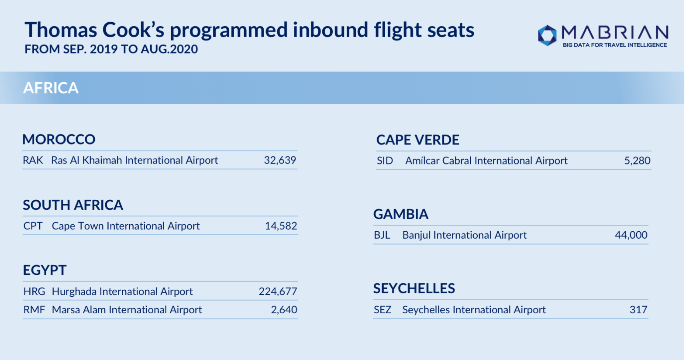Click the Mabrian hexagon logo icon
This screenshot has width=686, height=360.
point(547,35)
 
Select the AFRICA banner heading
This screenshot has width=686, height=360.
point(51,88)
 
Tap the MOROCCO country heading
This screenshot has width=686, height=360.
point(59,139)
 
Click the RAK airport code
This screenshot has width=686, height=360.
point(33,160)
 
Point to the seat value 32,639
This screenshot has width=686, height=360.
point(280,160)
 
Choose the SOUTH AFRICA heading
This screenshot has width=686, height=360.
point(73,205)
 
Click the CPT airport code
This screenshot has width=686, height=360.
point(33,226)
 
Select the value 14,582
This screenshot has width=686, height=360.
point(281,226)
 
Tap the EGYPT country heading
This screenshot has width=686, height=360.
point(45,270)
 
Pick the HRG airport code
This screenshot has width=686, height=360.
point(34,291)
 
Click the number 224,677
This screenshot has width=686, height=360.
point(278,291)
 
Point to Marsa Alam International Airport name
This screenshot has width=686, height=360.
point(127,310)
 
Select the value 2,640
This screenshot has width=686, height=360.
point(284,310)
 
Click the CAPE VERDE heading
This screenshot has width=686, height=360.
point(418,140)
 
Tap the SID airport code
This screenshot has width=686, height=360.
point(385,161)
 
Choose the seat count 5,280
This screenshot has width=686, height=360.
point(637,161)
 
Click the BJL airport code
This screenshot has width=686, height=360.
point(382,235)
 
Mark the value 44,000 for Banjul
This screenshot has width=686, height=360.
point(631,235)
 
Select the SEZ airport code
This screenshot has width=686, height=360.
point(383,310)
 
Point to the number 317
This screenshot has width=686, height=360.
point(638,310)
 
